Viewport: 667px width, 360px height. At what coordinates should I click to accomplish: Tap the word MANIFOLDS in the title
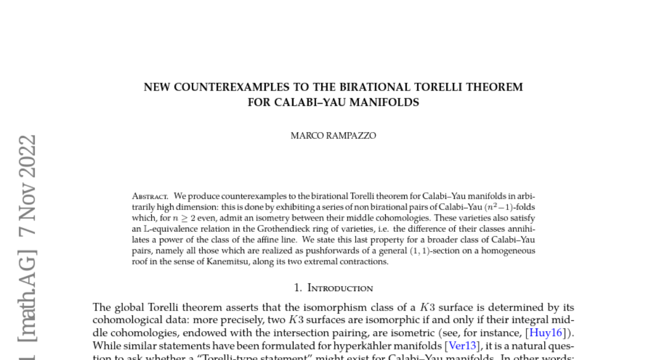387,102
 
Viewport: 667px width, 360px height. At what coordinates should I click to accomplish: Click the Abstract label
150,196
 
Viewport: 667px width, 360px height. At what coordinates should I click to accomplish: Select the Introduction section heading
340,288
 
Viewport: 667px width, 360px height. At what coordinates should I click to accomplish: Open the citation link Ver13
462,346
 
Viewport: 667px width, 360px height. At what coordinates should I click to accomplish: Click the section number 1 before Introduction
297,288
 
